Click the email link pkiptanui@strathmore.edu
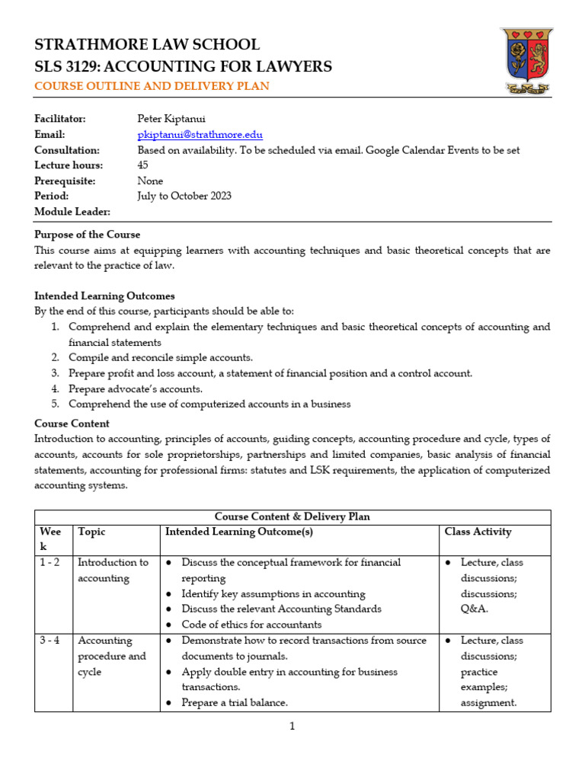click(x=200, y=135)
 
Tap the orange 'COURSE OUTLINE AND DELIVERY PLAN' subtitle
click(x=152, y=86)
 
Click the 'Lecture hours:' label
click(x=67, y=165)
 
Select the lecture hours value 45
click(x=142, y=165)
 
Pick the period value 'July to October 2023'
click(x=184, y=196)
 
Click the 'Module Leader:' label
click(x=72, y=211)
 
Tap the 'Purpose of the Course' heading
click(x=88, y=234)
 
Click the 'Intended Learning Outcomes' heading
click(x=104, y=296)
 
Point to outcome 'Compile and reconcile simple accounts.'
click(x=160, y=357)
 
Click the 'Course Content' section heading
click(x=72, y=424)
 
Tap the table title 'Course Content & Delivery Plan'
click(x=292, y=516)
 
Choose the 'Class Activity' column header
click(x=478, y=532)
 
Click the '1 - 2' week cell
click(x=50, y=562)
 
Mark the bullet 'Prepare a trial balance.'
click(x=235, y=702)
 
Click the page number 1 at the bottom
click(x=292, y=726)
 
